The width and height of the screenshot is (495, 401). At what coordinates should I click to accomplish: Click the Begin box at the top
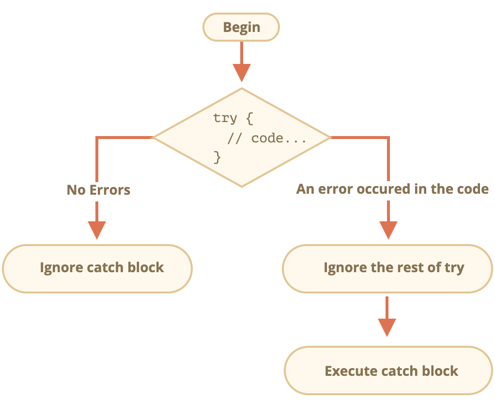[241, 27]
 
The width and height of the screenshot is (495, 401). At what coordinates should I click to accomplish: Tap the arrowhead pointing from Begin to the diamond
[241, 73]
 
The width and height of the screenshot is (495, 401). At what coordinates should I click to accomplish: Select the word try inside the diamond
[225, 119]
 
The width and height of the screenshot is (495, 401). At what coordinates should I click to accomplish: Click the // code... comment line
[267, 139]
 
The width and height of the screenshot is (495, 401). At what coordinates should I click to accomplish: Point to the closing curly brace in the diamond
[217, 157]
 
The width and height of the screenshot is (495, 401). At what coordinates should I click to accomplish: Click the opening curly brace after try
[249, 119]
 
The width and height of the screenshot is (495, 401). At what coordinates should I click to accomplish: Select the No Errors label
[98, 189]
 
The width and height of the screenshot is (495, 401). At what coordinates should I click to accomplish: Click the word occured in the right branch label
[381, 189]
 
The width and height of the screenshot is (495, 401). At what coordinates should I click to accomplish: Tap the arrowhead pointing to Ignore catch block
[97, 230]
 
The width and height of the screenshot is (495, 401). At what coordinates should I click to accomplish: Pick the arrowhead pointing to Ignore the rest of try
[388, 230]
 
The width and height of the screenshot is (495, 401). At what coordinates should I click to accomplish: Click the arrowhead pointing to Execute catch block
[387, 327]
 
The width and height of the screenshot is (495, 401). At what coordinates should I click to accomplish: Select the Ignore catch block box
[97, 268]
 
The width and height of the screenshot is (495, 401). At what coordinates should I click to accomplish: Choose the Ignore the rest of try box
[387, 268]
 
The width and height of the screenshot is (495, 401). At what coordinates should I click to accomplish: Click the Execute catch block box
[388, 371]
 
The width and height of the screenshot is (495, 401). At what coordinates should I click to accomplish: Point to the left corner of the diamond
[154, 138]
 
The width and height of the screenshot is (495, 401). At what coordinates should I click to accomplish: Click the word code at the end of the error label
[472, 189]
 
